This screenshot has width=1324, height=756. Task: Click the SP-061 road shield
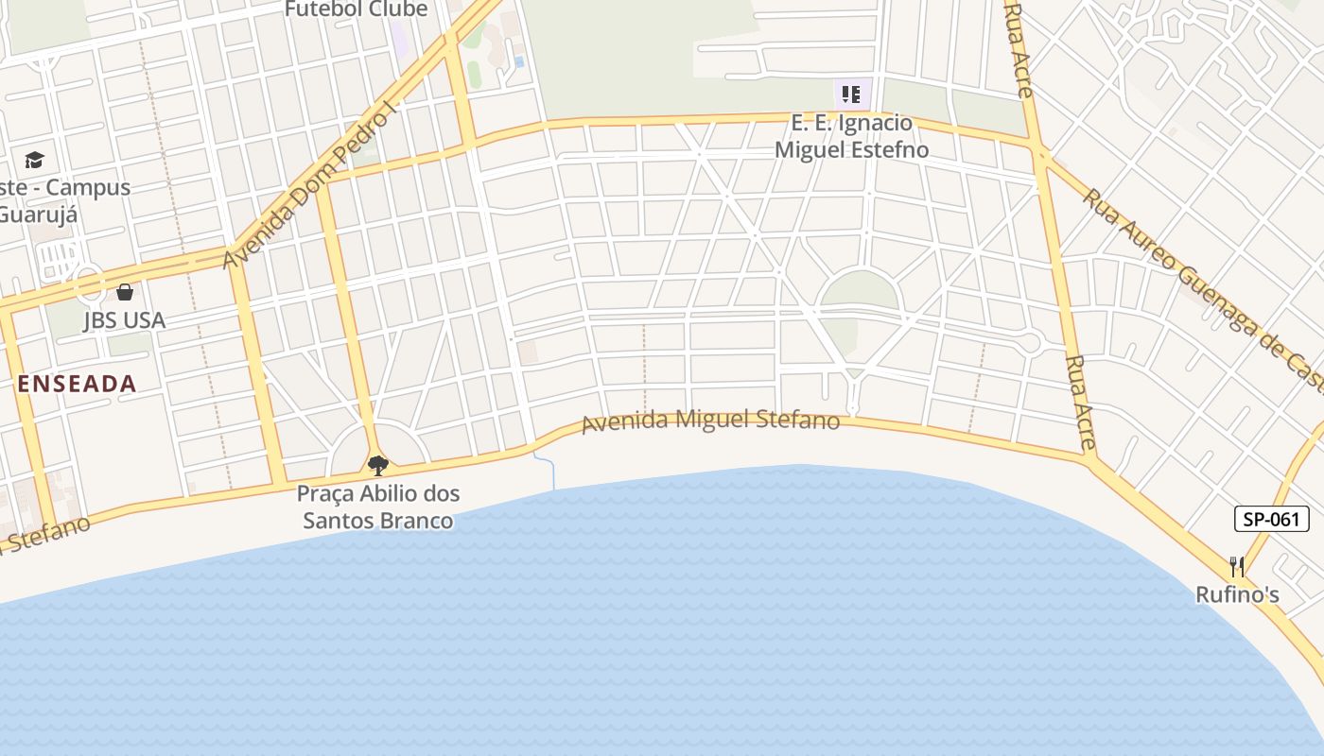click(x=1272, y=519)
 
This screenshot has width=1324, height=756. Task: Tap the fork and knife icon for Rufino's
click(x=1237, y=566)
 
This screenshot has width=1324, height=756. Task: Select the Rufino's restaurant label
click(x=1237, y=594)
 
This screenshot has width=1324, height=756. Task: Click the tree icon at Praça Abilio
click(x=378, y=465)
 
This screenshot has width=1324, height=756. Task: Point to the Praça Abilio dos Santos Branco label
click(x=377, y=507)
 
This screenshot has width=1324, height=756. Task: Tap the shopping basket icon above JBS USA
click(x=125, y=292)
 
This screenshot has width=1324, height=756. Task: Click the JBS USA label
click(x=125, y=320)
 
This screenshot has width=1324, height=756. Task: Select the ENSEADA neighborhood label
click(x=78, y=384)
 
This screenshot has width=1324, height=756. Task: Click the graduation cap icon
click(x=34, y=160)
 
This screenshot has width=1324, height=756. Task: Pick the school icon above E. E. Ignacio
click(x=851, y=94)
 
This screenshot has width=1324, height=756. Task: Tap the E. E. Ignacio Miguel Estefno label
click(x=851, y=136)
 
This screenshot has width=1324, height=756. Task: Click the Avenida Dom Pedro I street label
click(x=307, y=187)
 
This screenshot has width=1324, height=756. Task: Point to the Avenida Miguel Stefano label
click(x=710, y=421)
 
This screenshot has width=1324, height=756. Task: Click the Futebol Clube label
click(x=357, y=9)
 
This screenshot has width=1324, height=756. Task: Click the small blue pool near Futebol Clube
click(x=519, y=61)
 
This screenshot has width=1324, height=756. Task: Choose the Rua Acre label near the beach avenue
click(x=1079, y=403)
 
